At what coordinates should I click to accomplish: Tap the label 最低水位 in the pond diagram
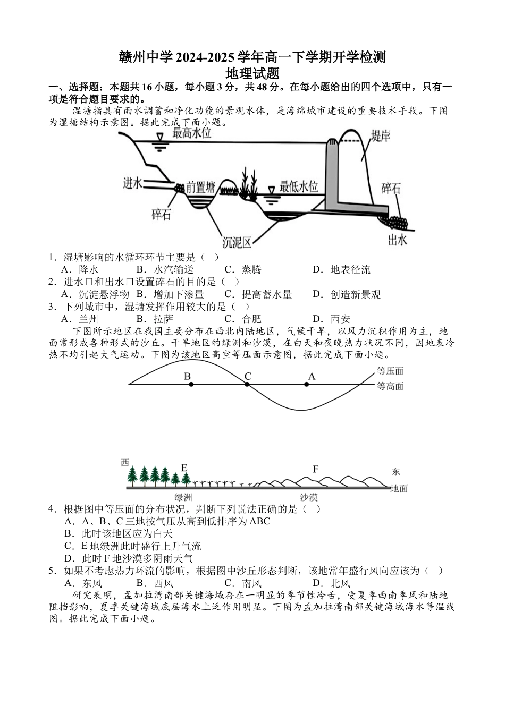pyautogui.click(x=299, y=186)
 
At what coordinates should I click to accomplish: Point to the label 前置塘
pyautogui.click(x=201, y=188)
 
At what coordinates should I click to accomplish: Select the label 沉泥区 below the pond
pyautogui.click(x=237, y=243)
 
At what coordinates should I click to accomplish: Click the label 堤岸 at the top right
pyautogui.click(x=381, y=137)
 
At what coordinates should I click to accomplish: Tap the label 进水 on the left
pyautogui.click(x=133, y=183)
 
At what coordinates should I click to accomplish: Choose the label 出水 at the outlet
pyautogui.click(x=397, y=240)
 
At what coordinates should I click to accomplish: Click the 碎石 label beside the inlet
pyautogui.click(x=162, y=215)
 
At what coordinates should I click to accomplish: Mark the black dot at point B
pyautogui.click(x=191, y=384)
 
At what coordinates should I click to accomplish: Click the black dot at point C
pyautogui.click(x=247, y=384)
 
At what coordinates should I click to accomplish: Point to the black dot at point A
pyautogui.click(x=307, y=384)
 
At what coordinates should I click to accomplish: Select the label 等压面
pyautogui.click(x=390, y=371)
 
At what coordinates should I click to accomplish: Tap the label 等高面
pyautogui.click(x=390, y=386)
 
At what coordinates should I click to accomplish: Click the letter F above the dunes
pyautogui.click(x=315, y=469)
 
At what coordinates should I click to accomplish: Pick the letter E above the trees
pyautogui.click(x=184, y=467)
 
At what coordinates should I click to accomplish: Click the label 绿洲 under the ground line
pyautogui.click(x=183, y=498)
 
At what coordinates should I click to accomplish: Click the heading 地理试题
pyautogui.click(x=252, y=73)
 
